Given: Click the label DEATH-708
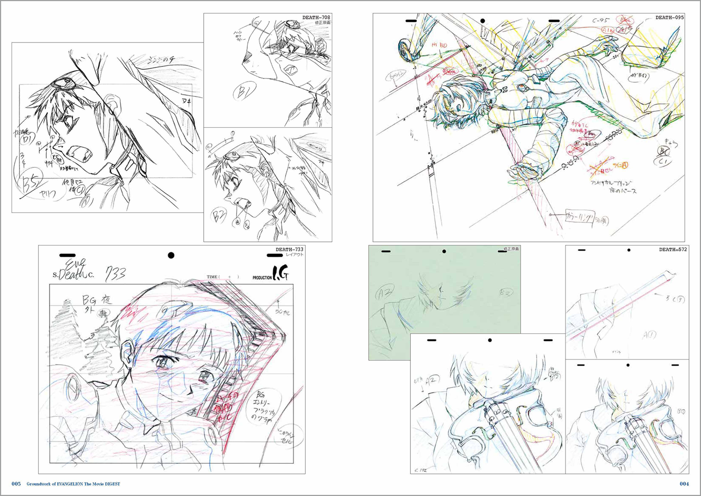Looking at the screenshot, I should [x=316, y=17].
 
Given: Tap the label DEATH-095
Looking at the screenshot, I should [x=669, y=17].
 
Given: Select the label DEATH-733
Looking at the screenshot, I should [x=289, y=249].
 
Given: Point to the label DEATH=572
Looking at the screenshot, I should [x=673, y=249].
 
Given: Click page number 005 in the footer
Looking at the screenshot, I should [x=16, y=484].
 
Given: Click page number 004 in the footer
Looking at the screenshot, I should [x=684, y=484].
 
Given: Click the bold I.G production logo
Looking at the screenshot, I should [x=280, y=273].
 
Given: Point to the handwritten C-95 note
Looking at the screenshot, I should [x=601, y=21].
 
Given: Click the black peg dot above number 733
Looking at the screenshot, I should [x=171, y=255].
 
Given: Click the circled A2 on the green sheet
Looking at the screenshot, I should [x=385, y=293].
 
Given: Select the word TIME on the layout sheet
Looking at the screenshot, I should [x=212, y=277].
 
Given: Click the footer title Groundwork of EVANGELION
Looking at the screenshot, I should [x=73, y=484].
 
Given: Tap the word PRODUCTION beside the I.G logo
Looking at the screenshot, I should [x=262, y=278].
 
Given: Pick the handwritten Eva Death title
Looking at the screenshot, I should [x=73, y=270].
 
